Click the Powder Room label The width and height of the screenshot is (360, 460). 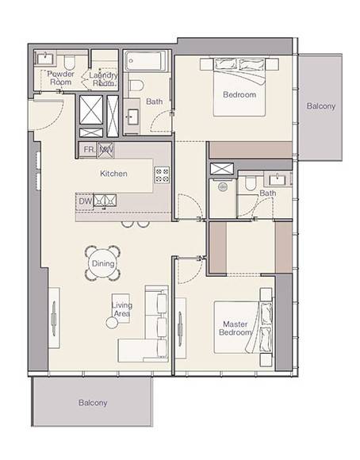(61, 78)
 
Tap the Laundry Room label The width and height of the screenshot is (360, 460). (103, 79)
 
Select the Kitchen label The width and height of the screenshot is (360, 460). (113, 174)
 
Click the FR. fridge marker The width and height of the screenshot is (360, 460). (89, 150)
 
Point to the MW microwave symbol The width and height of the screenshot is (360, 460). (105, 150)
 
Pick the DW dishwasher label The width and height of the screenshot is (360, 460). (85, 201)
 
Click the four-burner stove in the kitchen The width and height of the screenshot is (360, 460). (162, 175)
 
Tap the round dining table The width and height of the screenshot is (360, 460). (103, 263)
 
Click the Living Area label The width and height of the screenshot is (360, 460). (122, 309)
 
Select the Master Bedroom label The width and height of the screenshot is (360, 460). (236, 328)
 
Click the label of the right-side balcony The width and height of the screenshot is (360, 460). (321, 106)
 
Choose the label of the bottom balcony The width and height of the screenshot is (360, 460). (93, 403)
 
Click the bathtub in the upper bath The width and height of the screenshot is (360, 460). (145, 61)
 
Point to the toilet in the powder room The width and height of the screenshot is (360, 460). (70, 62)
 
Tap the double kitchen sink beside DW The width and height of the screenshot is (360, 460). (105, 201)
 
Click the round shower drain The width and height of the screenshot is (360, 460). (223, 186)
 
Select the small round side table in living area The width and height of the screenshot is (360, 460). (112, 323)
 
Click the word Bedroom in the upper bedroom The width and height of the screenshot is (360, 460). (239, 94)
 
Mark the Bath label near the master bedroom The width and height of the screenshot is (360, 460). (267, 194)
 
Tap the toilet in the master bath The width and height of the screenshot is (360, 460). (251, 183)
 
